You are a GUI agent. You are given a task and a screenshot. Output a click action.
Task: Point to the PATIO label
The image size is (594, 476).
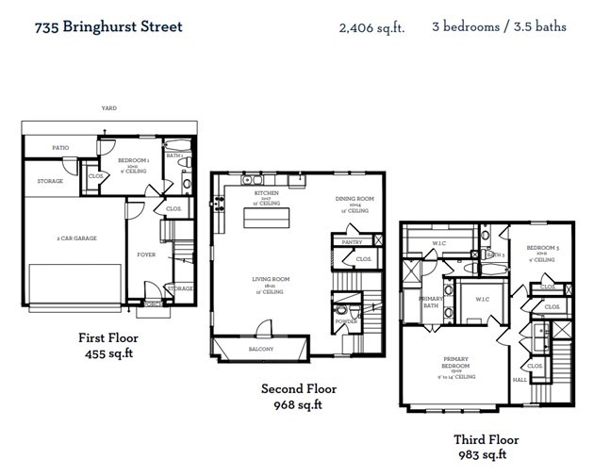(x=59, y=148)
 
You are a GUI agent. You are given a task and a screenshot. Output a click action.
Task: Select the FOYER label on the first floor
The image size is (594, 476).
(x=146, y=254)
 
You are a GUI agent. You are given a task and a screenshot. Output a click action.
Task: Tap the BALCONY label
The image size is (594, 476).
(x=260, y=349)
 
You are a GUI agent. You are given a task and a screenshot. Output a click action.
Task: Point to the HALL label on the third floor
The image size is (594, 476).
(x=519, y=380)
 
